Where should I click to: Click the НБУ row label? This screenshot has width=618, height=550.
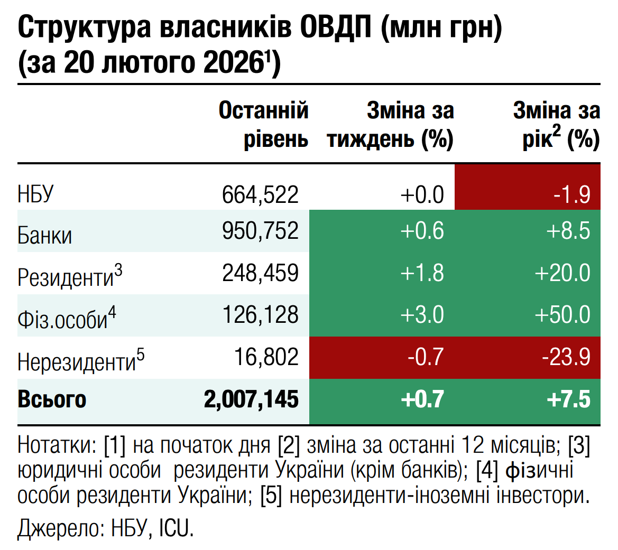tap(36, 194)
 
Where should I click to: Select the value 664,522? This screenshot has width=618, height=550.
tap(260, 194)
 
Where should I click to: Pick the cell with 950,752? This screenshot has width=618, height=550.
tap(260, 231)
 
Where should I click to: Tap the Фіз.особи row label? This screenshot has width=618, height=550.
tap(66, 319)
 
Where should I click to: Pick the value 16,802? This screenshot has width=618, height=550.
tap(266, 357)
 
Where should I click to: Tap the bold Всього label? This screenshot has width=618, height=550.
tap(52, 399)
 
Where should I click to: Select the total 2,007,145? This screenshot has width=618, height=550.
tap(251, 399)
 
